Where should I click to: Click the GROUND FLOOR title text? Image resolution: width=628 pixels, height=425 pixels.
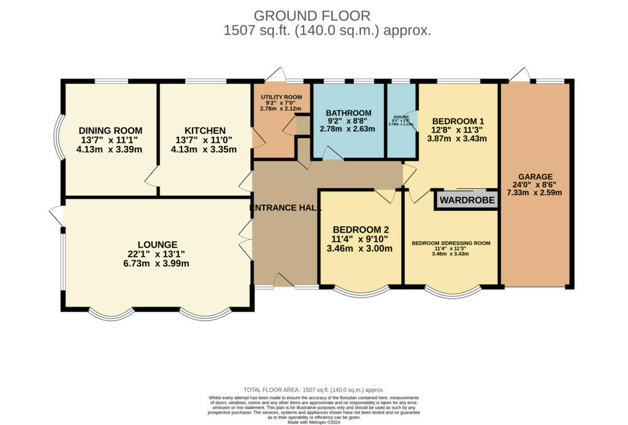[x=312, y=15]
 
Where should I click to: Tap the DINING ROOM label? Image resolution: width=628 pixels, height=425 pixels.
[x=110, y=131]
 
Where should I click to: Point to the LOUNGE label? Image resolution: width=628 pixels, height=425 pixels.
[x=158, y=244]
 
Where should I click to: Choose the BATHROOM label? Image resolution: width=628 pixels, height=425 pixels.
[x=348, y=113]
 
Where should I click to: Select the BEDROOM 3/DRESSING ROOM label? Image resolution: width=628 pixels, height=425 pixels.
[x=451, y=243]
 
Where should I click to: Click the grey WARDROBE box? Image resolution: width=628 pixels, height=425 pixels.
[x=467, y=200]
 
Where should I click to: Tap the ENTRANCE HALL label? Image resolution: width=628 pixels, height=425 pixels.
[x=286, y=208]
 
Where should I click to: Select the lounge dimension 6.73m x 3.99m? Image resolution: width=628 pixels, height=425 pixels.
[x=158, y=264]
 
